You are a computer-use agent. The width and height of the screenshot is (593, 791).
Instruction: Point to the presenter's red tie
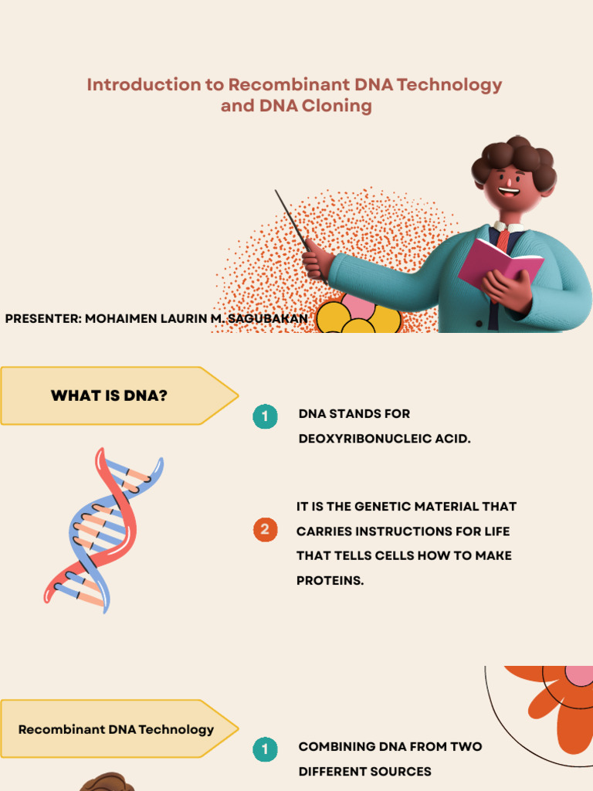[x=503, y=237]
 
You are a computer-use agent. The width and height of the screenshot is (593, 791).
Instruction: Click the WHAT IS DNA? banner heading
[x=109, y=395]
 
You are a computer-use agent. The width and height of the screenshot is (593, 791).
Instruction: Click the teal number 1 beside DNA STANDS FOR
[x=265, y=417]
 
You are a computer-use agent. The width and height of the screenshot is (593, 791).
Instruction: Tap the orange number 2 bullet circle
[x=265, y=530]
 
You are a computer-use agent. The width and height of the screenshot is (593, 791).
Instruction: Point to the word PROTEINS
[x=330, y=580]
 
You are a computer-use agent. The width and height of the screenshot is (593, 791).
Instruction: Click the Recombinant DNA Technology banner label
[x=116, y=729]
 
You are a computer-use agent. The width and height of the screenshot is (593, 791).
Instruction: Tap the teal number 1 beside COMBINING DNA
[x=265, y=749]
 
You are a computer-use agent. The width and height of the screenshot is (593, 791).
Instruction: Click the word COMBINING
[x=336, y=747]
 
